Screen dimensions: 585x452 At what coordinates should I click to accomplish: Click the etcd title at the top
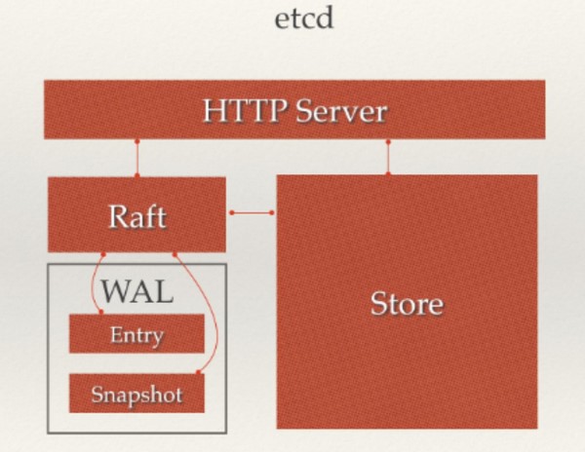pos(303,19)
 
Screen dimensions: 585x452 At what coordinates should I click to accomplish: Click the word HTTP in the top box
pos(245,111)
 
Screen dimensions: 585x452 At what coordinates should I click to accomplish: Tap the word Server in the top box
pos(341,111)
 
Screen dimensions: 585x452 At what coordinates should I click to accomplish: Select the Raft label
pos(137,216)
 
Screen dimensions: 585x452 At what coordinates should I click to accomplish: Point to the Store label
pos(407,304)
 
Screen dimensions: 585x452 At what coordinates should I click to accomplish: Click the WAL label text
pos(137,291)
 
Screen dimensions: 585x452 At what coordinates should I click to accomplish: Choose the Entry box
pos(136,333)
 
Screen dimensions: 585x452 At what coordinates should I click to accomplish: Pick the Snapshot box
pos(136,394)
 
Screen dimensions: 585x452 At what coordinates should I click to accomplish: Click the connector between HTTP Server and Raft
pos(136,159)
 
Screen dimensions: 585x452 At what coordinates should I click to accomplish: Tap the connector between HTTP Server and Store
pos(388,158)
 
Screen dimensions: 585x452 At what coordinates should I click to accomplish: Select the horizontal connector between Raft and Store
pos(252,212)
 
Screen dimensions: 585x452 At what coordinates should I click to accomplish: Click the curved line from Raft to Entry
pos(93,283)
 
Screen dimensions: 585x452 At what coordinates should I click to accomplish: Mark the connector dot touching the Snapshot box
pos(198,372)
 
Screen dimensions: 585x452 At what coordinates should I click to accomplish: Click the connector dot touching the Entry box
pos(100,312)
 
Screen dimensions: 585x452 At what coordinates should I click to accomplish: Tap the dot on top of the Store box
pos(388,174)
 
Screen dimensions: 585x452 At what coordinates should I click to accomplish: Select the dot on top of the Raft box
pos(136,175)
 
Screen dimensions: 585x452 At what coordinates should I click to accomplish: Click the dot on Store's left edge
pos(272,212)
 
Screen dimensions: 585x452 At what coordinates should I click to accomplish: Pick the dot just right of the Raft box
pos(232,212)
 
